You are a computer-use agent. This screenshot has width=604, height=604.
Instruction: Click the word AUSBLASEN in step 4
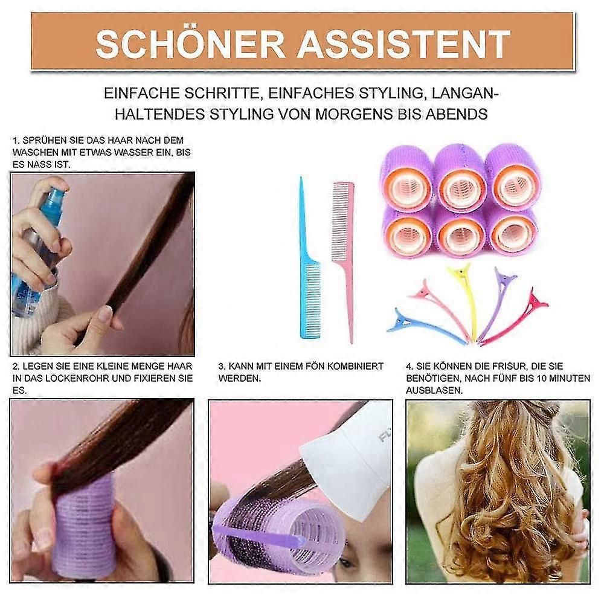pos(434,391)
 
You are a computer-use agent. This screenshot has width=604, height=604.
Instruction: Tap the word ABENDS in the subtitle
pos(457,114)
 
